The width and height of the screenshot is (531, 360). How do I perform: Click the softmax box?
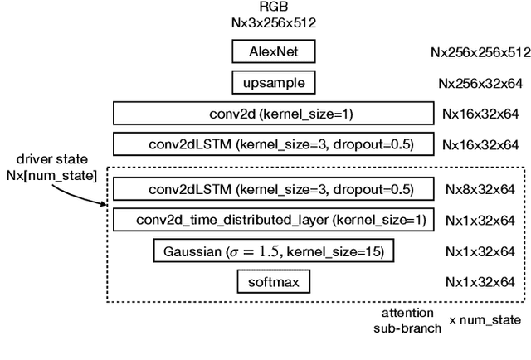click(x=273, y=282)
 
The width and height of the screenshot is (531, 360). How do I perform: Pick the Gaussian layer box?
click(x=273, y=251)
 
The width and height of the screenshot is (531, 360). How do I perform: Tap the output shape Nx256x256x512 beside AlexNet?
click(x=480, y=52)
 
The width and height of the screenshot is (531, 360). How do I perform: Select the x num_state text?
click(x=486, y=320)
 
